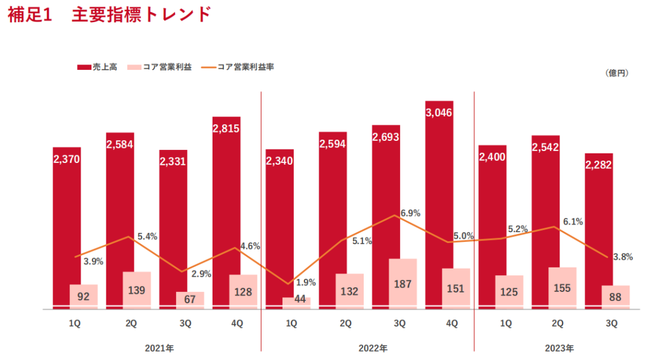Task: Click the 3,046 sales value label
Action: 439,112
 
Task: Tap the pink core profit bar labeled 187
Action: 403,284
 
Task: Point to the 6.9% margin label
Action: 410,213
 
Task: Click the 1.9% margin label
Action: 306,282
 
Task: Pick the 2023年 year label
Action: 559,347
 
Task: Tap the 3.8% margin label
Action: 623,257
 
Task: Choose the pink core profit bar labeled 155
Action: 562,288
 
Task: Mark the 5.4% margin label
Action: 147,236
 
